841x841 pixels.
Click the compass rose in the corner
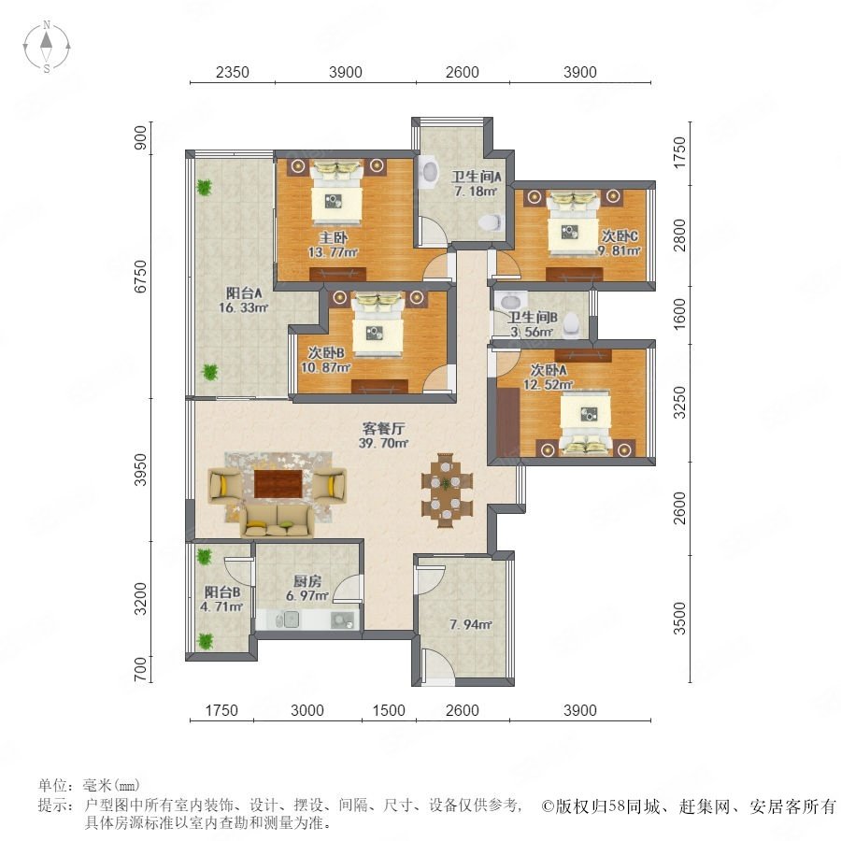coord(47,47)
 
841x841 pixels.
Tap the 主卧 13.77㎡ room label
coord(333,245)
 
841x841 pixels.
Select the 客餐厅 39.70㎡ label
coord(383,435)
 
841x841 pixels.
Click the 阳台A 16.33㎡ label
coord(244,300)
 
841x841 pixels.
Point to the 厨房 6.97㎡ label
coord(307,589)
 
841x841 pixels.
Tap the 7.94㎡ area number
coord(471,624)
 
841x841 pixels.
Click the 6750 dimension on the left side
coord(140,277)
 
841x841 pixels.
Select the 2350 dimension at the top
coord(233,72)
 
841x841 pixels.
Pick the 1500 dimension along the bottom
coord(389,710)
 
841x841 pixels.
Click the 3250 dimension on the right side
coord(679,403)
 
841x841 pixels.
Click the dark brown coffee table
coord(278,483)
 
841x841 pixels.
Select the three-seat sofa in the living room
coord(277,520)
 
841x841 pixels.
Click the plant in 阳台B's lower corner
coord(205,640)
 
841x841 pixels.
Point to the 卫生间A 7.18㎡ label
coord(476,183)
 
